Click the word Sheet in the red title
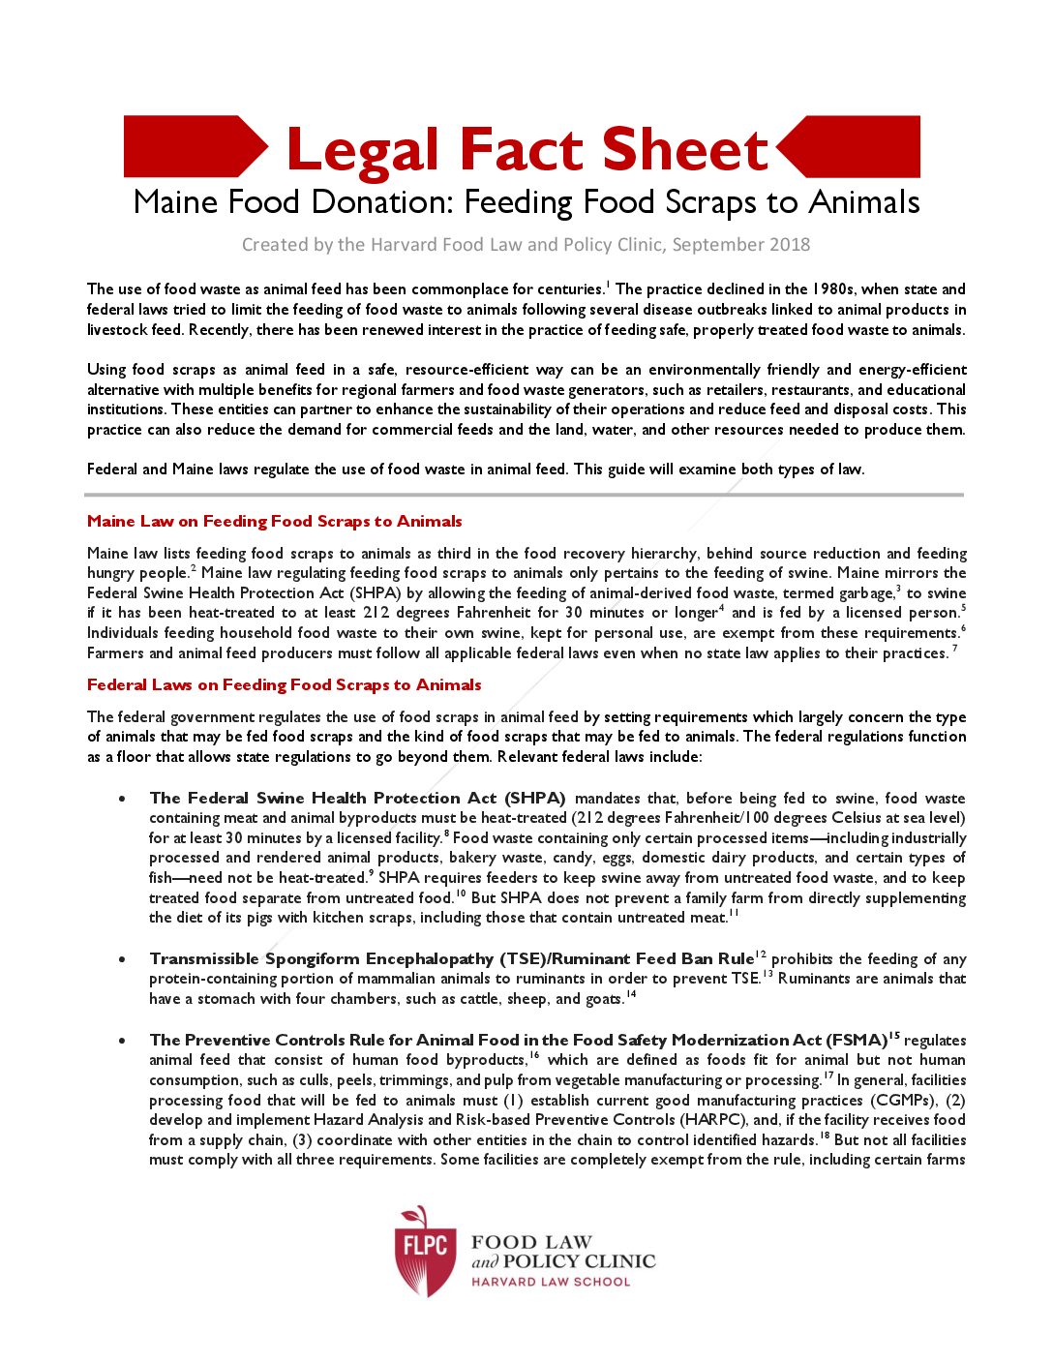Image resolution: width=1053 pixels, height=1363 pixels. point(683,150)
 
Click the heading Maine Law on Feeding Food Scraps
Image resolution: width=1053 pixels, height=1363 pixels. point(274,521)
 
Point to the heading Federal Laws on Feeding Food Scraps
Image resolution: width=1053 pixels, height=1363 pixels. point(284,684)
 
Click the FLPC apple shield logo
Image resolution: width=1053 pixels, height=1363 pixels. point(425,1250)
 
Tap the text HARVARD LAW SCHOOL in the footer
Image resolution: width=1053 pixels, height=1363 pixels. point(550,1282)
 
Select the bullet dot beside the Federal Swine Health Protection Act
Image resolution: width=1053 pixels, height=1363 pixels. point(121,799)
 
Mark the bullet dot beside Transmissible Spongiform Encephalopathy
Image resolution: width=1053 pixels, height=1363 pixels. point(121,959)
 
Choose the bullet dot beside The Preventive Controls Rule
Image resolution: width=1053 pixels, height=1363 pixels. point(121,1041)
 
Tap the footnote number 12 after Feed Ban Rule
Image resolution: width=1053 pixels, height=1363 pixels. point(760,954)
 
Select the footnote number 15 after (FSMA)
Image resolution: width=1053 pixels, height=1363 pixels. point(894,1036)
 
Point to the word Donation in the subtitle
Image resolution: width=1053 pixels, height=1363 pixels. point(382,202)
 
